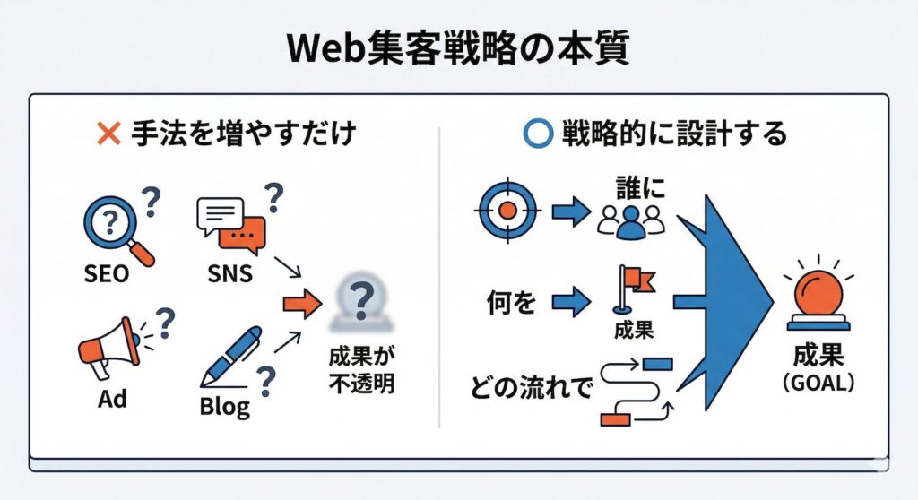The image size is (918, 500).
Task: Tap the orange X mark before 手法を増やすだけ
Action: pos(108,134)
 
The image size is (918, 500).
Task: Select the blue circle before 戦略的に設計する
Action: pos(536,134)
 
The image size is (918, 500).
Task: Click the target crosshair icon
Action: pos(507,212)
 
